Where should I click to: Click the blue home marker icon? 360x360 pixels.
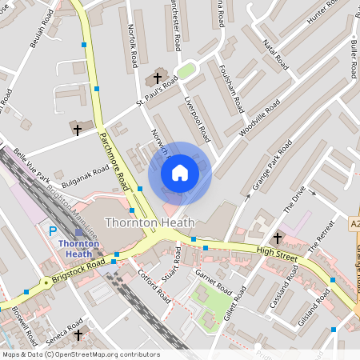click(x=180, y=173)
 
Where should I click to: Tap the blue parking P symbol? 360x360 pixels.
click(x=53, y=231)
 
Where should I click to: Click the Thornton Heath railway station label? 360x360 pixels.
click(x=79, y=248)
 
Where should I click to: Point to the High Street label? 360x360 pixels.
click(x=277, y=256)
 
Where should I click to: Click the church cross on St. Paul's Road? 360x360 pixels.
click(x=157, y=79)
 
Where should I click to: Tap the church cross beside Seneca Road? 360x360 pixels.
click(x=78, y=334)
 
